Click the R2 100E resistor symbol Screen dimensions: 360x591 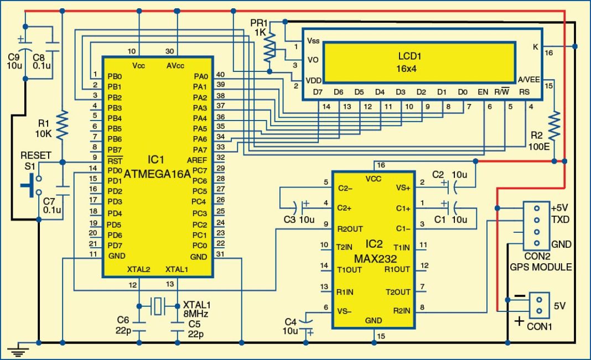pyautogui.click(x=554, y=127)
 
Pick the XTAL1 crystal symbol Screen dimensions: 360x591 pyautogui.click(x=158, y=305)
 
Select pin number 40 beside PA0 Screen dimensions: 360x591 pyautogui.click(x=220, y=75)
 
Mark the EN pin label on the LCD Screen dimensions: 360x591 pyautogui.click(x=483, y=92)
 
